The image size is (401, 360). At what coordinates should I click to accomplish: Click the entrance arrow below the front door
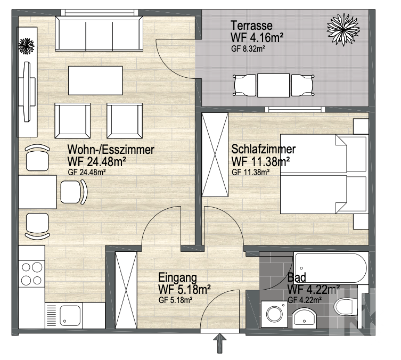click(x=220, y=343)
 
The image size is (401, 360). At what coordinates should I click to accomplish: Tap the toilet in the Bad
click(x=346, y=307)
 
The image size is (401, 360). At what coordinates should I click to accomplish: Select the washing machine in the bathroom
click(x=274, y=314)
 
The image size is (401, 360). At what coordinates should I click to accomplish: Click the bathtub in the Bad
click(x=331, y=268)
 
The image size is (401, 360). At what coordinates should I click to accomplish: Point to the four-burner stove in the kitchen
click(x=32, y=274)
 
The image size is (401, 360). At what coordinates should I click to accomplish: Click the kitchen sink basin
click(x=70, y=315)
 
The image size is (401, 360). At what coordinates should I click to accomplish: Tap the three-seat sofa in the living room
click(x=99, y=34)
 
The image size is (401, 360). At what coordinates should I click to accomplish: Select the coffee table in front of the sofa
click(x=95, y=80)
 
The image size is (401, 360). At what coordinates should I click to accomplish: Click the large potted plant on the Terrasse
click(x=343, y=30)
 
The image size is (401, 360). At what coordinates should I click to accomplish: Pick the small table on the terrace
click(x=273, y=85)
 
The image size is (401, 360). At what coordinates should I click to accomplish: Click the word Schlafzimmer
click(x=264, y=149)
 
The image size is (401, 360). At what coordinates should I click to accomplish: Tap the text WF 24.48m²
click(x=97, y=161)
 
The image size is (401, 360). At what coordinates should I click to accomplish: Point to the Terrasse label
click(x=251, y=26)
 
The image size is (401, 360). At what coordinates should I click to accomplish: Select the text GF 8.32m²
click(x=248, y=48)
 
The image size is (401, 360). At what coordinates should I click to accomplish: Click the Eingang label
click(x=177, y=277)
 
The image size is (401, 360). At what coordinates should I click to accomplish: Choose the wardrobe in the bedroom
click(x=215, y=154)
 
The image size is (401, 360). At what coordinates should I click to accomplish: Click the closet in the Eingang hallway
click(x=126, y=290)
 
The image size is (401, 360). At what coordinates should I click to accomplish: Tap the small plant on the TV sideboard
click(x=26, y=46)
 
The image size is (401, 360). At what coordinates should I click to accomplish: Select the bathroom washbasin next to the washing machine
click(x=304, y=318)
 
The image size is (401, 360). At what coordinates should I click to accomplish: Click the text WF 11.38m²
click(x=260, y=161)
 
